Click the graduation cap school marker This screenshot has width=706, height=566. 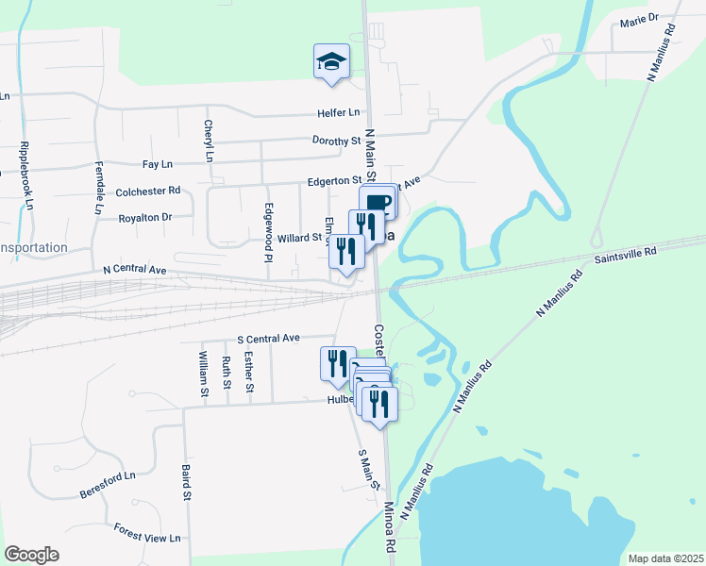point(331,61)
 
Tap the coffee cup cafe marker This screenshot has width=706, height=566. point(378,203)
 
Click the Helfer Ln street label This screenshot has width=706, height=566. point(339,112)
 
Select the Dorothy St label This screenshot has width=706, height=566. point(337,141)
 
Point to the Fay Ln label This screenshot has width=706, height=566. point(156,164)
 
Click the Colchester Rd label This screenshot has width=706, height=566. point(147,191)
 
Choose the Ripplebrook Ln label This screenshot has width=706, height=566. point(25,176)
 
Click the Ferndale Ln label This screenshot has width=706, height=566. point(97,189)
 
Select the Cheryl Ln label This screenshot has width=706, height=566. point(208,141)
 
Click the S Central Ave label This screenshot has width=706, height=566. point(267,338)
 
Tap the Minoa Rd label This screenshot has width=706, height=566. point(391,527)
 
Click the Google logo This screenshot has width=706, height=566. point(31,555)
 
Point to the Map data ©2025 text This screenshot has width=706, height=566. point(664,558)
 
